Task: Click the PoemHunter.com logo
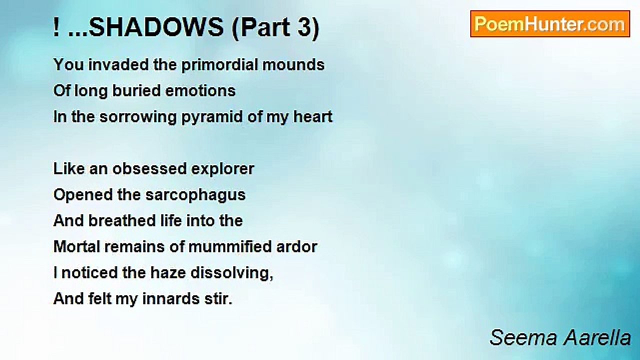click(x=550, y=24)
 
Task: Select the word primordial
click(x=219, y=65)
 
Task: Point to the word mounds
click(x=293, y=65)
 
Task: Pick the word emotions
click(x=200, y=91)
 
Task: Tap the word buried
click(x=136, y=91)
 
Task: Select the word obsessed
click(x=149, y=169)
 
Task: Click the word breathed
click(x=122, y=221)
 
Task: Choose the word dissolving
click(x=231, y=273)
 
